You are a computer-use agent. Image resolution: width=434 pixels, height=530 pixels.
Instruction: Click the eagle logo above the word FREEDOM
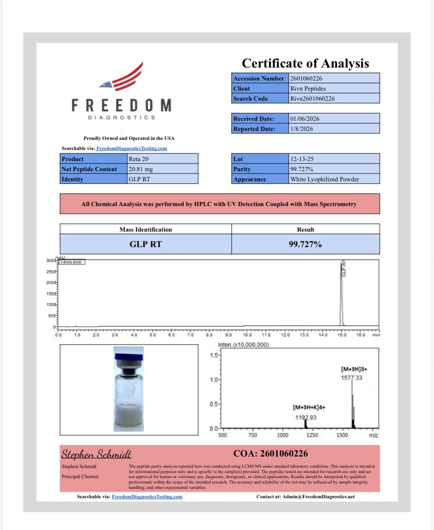coord(122,77)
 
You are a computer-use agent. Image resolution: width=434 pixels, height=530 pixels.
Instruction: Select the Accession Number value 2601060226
coord(306,78)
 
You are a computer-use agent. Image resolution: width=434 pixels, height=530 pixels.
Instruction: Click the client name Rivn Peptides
coord(308,89)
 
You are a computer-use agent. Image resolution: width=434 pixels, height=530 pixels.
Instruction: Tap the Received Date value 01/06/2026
coord(305,119)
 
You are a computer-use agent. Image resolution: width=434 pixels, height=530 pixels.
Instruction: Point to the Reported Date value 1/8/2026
coord(302,129)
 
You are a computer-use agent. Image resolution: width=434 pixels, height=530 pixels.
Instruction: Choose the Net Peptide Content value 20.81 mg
coord(141,169)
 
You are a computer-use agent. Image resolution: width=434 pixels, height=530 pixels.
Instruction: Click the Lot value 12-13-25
coord(302,159)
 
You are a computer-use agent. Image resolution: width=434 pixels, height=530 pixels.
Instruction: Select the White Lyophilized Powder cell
coord(325,179)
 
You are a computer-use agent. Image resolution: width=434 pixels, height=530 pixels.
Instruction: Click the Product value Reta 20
coord(139,159)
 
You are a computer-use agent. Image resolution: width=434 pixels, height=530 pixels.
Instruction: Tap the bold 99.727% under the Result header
coord(305,244)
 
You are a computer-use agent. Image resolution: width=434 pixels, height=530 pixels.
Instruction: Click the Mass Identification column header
coord(146,230)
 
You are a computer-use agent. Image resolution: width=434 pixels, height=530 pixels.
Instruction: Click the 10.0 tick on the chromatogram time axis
coord(247,335)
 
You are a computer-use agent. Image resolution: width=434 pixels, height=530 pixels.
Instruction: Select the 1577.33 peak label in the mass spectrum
coord(352,378)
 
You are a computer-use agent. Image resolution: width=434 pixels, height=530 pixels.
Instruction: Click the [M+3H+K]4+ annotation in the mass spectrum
coord(309,407)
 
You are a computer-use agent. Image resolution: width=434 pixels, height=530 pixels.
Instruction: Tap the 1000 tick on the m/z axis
coord(282,435)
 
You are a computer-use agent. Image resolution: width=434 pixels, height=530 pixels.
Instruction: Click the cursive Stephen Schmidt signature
coord(96,454)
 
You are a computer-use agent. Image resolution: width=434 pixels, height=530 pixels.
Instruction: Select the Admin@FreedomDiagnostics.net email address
coord(318,497)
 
